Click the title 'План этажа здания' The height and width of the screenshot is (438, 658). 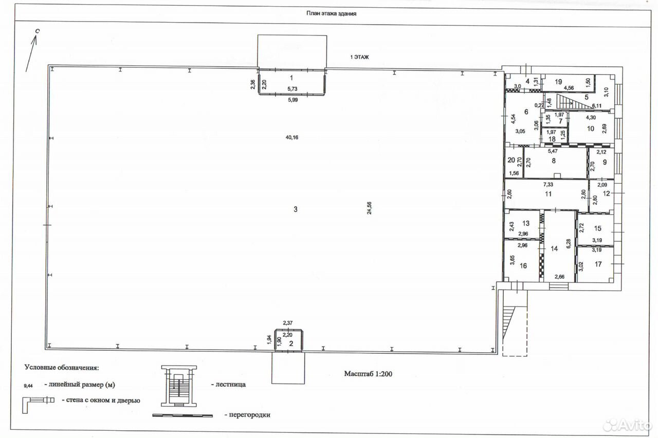332,13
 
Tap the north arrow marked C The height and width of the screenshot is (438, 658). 31,52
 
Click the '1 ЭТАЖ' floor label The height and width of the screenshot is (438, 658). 359,57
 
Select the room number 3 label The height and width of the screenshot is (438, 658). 296,209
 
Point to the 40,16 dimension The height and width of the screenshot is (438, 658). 291,137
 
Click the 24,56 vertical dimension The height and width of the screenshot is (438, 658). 369,208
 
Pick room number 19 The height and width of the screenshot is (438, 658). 558,82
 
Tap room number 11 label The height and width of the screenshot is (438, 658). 548,194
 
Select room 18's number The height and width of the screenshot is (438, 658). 552,139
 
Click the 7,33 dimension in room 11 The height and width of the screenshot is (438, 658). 548,184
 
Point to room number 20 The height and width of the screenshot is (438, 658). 511,160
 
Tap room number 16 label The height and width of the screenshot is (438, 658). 523,266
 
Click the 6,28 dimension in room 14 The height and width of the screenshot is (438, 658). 569,243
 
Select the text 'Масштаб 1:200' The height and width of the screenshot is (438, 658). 368,374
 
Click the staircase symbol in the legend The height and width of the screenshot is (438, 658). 179,386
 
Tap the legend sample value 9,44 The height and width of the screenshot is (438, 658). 28,386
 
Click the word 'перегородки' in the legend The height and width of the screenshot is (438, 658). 249,415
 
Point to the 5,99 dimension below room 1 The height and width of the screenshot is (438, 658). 293,100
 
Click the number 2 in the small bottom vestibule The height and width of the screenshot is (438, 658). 291,344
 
